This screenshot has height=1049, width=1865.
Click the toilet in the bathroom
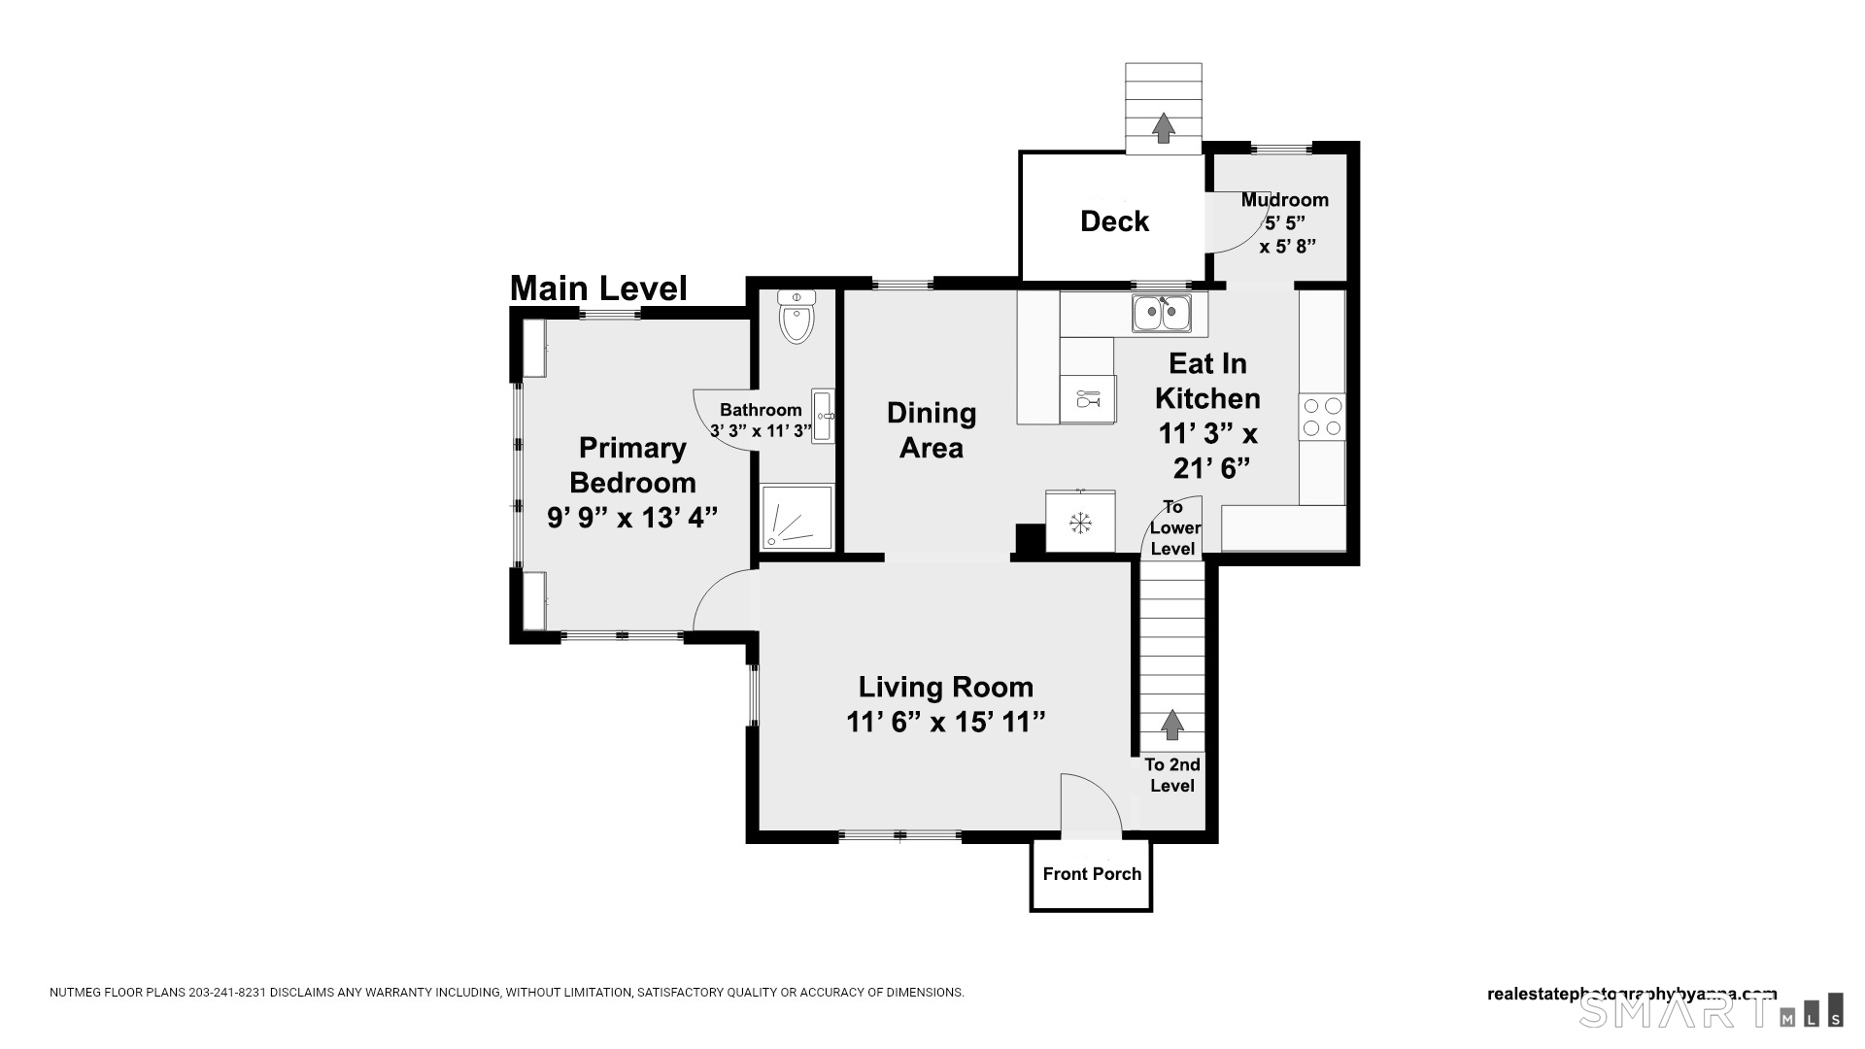(797, 317)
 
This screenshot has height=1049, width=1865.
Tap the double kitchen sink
(1161, 314)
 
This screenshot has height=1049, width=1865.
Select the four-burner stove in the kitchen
(1322, 417)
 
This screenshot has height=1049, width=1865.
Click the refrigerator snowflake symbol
(1079, 523)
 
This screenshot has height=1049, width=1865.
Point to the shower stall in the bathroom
(797, 517)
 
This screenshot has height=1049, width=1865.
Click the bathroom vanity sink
(824, 416)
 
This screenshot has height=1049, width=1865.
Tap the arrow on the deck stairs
(1163, 128)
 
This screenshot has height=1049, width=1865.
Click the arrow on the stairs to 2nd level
(1172, 725)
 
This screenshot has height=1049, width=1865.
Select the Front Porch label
(1092, 874)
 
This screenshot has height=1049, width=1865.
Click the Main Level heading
(598, 288)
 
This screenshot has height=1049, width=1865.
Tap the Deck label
(1114, 221)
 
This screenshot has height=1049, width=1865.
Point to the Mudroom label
(1284, 200)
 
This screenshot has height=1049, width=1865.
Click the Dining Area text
(931, 430)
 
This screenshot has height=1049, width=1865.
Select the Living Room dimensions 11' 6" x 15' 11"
(945, 723)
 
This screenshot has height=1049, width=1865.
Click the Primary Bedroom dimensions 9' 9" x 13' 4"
(632, 518)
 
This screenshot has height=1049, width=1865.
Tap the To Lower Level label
(1174, 527)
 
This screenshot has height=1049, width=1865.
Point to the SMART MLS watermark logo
(1711, 1010)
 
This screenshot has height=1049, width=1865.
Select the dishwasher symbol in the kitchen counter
(1087, 398)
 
